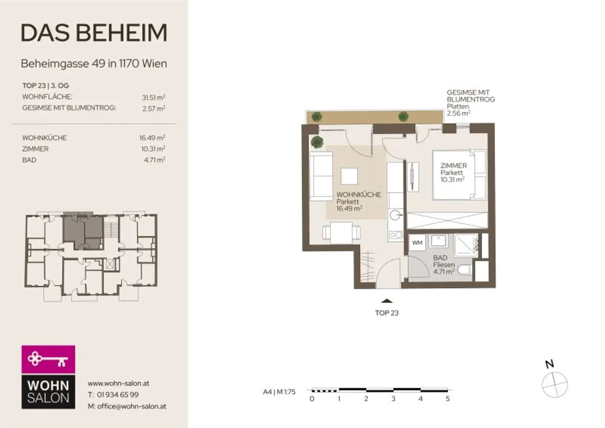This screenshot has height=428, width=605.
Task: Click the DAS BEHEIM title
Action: click(94, 33)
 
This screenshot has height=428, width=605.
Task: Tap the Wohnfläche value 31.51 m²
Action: click(153, 97)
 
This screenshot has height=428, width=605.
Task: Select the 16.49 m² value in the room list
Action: click(152, 138)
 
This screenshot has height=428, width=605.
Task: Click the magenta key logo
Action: click(48, 359)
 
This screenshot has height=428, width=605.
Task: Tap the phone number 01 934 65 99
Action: click(118, 395)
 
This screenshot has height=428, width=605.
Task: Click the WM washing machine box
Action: click(417, 243)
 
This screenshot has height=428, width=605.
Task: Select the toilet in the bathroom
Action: click(465, 270)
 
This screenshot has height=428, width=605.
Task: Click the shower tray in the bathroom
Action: click(466, 245)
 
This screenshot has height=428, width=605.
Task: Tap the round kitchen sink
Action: click(395, 215)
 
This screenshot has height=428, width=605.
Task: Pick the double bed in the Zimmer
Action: click(459, 175)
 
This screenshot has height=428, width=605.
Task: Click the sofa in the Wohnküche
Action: click(321, 176)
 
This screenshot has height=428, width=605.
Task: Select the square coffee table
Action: click(349, 176)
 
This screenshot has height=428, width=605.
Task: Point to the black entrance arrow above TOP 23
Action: click(387, 301)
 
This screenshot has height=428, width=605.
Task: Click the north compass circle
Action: click(555, 385)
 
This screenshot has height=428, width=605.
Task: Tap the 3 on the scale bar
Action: click(393, 398)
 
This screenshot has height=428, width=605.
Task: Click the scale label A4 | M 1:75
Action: click(279, 391)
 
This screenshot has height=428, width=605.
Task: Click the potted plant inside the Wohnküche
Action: click(317, 142)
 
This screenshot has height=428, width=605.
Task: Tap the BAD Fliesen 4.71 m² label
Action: click(444, 265)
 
